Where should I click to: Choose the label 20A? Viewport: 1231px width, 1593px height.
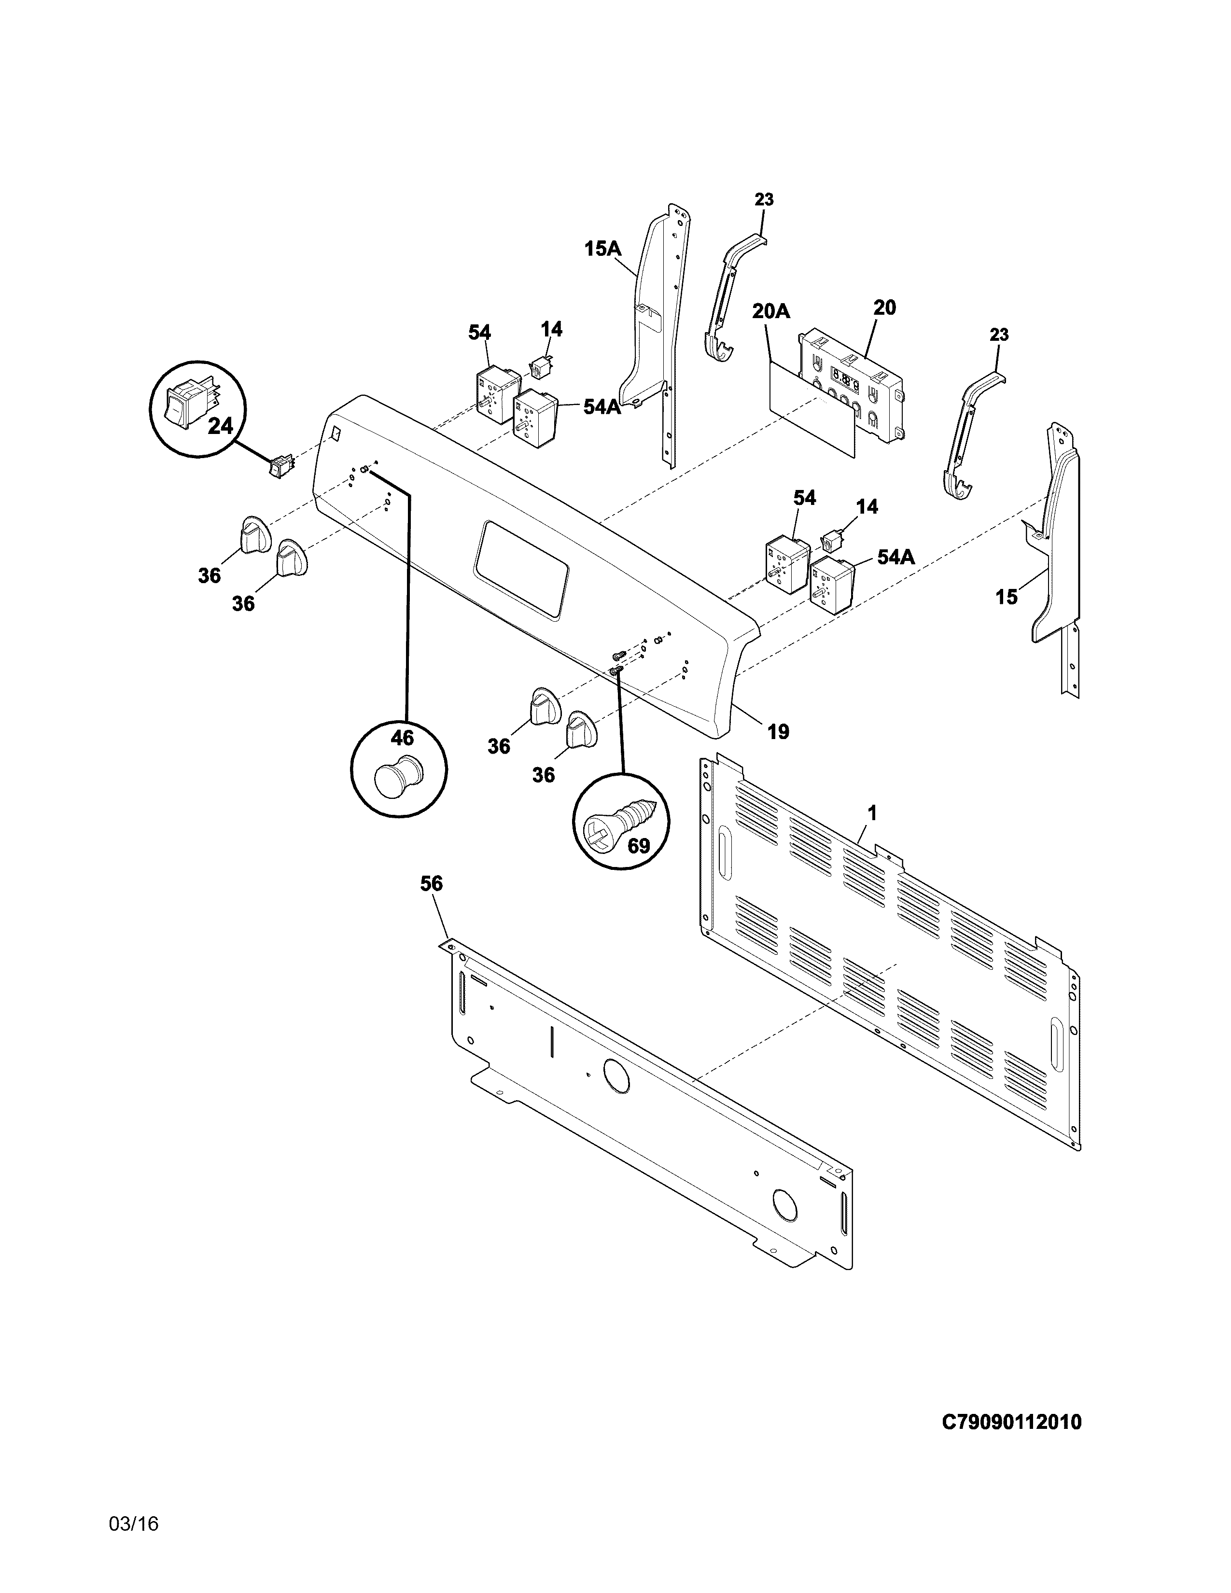771,311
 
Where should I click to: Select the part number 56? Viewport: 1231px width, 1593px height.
431,884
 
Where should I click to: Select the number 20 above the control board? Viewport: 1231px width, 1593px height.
884,308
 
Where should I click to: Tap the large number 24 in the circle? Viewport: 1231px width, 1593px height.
220,425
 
